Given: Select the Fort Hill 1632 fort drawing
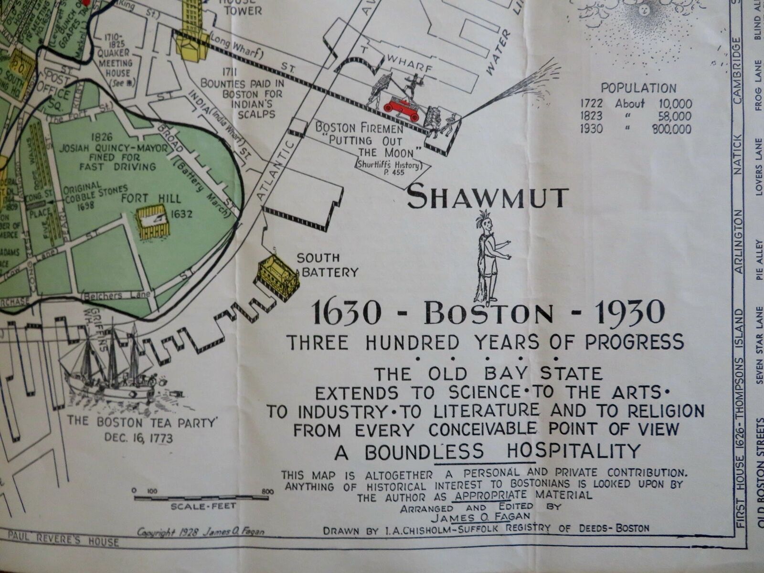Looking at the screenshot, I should (x=153, y=222).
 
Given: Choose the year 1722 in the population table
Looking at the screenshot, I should (x=592, y=104).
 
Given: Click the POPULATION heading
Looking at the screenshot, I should (x=638, y=88).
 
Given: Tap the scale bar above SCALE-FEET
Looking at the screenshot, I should (x=203, y=498).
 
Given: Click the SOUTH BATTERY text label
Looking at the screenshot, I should (x=327, y=265).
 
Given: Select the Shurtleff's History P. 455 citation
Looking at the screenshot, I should (x=388, y=169).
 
